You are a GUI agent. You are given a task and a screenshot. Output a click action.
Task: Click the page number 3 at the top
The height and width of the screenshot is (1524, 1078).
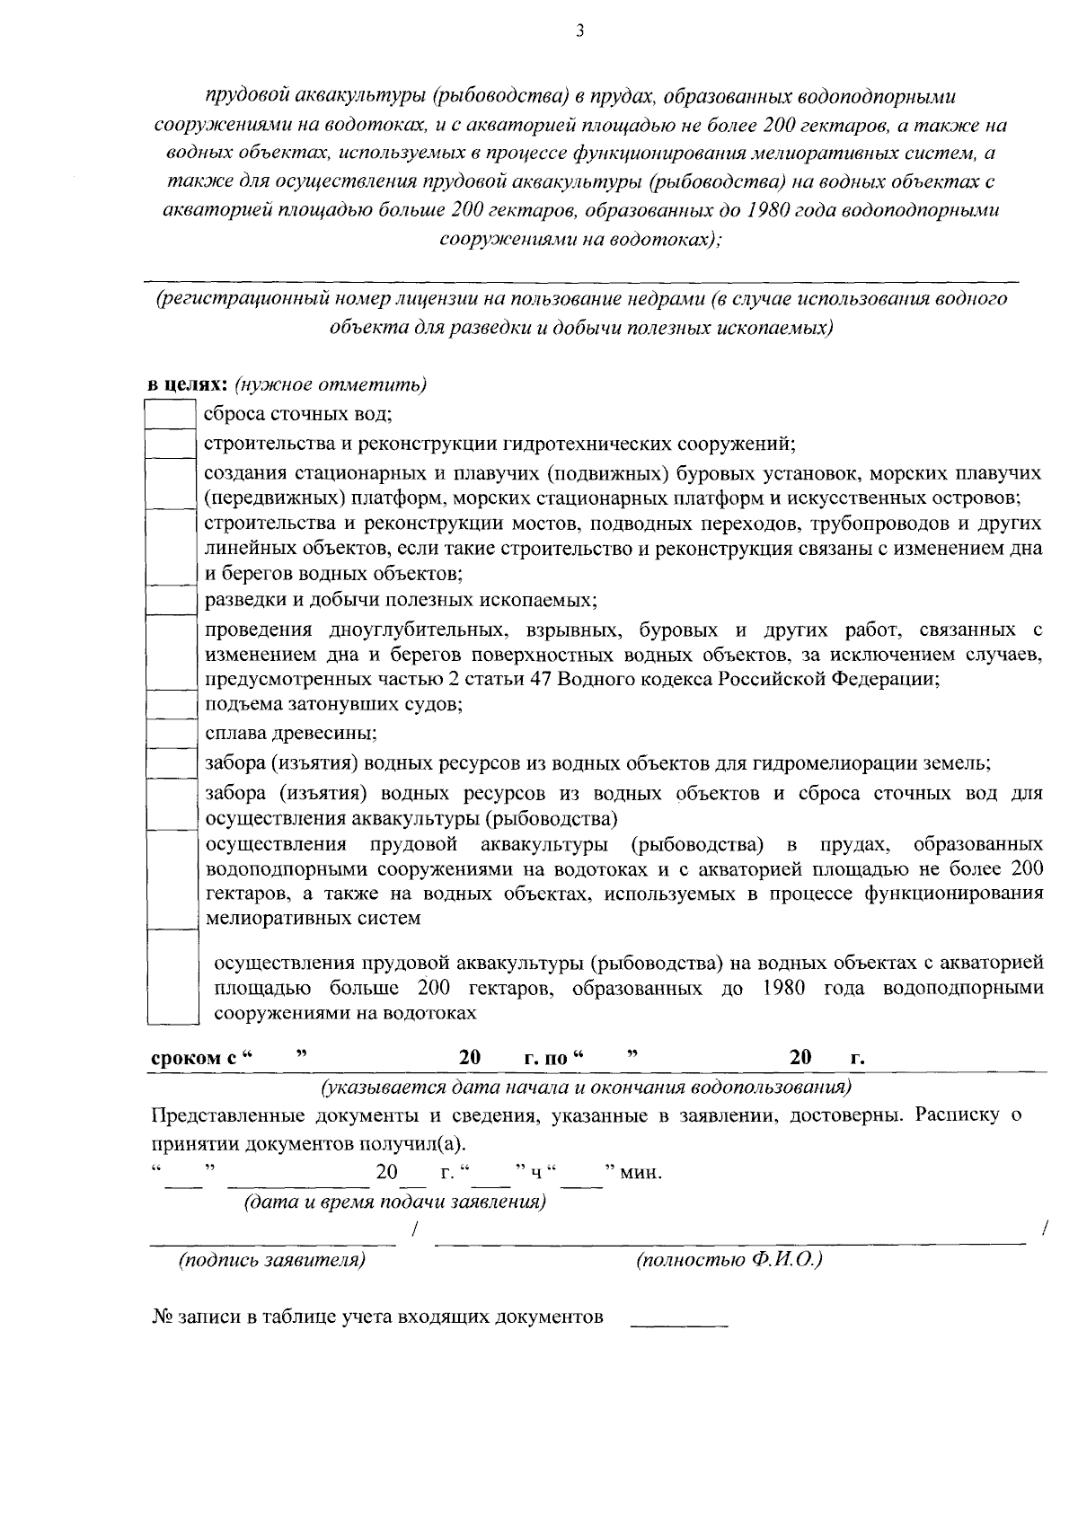tap(579, 31)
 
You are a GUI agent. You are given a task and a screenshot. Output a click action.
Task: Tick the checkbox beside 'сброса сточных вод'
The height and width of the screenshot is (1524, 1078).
tap(171, 414)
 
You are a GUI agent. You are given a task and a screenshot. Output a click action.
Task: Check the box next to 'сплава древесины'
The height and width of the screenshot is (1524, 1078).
tap(171, 733)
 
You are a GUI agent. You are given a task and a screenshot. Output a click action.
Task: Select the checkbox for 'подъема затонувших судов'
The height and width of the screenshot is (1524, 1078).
tap(171, 704)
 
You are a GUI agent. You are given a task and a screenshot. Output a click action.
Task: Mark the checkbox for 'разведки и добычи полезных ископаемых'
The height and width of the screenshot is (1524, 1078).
tap(171, 599)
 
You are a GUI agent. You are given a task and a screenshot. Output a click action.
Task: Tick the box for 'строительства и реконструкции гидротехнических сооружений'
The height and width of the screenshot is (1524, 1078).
tap(171, 444)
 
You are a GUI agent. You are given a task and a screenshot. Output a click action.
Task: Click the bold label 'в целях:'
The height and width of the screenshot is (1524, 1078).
tap(189, 385)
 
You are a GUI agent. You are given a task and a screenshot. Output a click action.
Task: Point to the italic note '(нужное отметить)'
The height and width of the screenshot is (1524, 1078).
tap(330, 385)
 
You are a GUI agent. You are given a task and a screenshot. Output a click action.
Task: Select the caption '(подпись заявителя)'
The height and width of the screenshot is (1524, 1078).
tap(272, 1260)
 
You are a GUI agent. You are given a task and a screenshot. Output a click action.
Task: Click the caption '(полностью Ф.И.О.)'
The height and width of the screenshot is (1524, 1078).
tap(729, 1260)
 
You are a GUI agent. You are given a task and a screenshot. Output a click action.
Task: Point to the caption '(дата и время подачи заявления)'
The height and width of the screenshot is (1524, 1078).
tap(395, 1202)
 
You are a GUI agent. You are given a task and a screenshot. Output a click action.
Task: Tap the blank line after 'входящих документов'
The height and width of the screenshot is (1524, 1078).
tap(679, 1325)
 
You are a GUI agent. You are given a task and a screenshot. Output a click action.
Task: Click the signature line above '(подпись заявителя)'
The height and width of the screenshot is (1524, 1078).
tap(272, 1242)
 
